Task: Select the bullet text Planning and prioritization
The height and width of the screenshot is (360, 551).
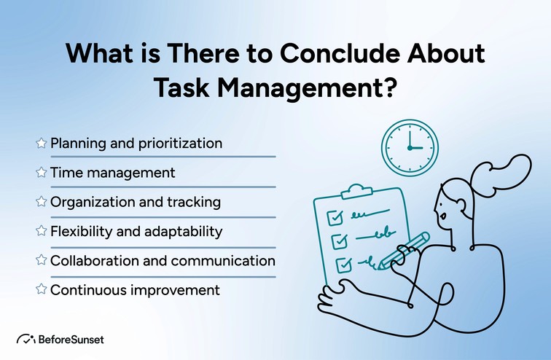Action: click(136, 143)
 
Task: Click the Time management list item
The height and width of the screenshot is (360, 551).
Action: click(112, 173)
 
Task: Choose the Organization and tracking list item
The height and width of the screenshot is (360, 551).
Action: click(135, 202)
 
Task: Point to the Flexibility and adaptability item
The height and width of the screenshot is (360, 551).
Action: click(136, 232)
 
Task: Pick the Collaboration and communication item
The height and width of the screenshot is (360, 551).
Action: click(163, 260)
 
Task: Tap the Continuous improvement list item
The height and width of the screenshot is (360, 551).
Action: click(135, 290)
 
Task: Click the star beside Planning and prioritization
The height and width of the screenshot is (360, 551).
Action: click(42, 144)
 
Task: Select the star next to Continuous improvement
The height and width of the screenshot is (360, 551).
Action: click(42, 290)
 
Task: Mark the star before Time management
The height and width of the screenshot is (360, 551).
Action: click(42, 173)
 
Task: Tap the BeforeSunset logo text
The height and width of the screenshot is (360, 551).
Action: click(72, 339)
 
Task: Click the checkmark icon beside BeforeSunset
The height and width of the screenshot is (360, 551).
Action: click(26, 339)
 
